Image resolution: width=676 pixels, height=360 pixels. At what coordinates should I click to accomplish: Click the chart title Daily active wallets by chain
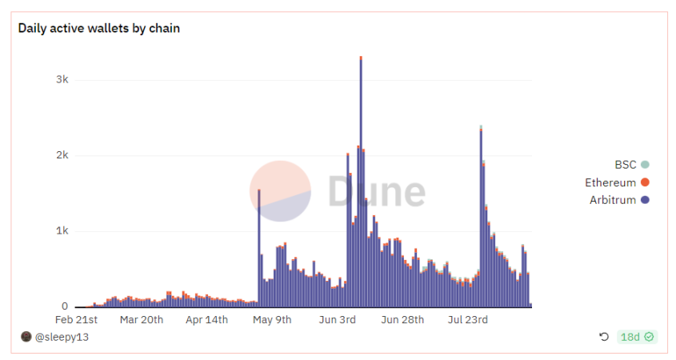[x=99, y=29]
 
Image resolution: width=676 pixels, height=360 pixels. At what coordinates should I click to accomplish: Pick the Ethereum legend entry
[x=616, y=182]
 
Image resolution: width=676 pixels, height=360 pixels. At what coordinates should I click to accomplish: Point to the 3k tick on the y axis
[x=61, y=80]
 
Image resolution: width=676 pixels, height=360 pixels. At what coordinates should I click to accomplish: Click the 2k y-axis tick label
[x=61, y=155]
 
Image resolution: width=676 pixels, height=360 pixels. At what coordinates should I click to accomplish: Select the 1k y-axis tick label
[x=61, y=231]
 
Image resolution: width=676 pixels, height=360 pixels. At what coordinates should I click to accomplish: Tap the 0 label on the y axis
[x=65, y=306]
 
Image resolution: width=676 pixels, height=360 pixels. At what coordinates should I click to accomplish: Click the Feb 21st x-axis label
[x=76, y=320]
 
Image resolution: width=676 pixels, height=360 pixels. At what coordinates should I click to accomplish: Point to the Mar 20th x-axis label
[x=141, y=320]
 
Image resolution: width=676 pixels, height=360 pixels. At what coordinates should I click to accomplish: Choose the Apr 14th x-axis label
[x=206, y=320]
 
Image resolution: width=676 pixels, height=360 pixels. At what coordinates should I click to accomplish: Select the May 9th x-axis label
[x=272, y=320]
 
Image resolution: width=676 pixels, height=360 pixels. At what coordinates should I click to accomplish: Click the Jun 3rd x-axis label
[x=337, y=320]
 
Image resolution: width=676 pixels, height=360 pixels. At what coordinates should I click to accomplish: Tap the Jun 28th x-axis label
[x=402, y=320]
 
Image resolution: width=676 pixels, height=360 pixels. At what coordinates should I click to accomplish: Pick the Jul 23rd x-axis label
[x=468, y=320]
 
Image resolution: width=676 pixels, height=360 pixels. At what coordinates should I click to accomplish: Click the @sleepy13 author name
[x=62, y=337]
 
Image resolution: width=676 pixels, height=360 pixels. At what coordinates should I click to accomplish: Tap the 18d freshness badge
[x=637, y=337]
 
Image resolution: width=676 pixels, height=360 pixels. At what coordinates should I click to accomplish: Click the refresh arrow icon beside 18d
[x=604, y=337]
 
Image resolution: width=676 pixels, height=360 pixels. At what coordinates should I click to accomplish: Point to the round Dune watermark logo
[x=280, y=191]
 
